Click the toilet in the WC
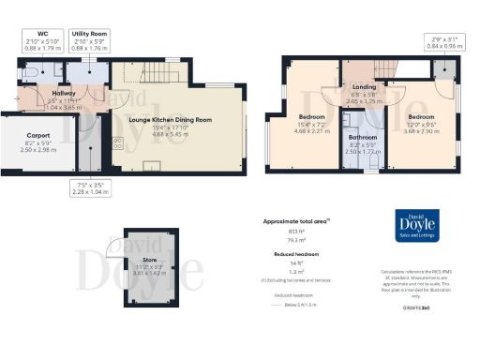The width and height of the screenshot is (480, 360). pos(31,70)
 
